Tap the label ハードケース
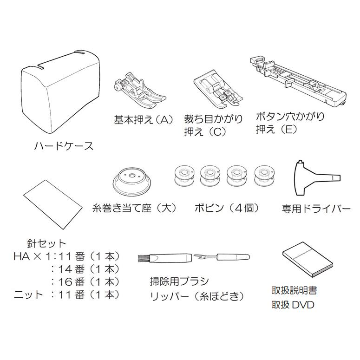click(64, 146)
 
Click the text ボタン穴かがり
click(290, 116)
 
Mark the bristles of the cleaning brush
click(143, 259)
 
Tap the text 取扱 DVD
click(293, 305)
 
